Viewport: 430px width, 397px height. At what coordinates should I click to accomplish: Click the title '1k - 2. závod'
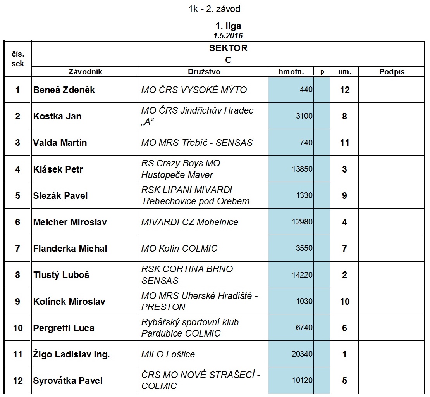tap(214, 9)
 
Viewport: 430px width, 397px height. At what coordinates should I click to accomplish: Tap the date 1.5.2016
tap(228, 36)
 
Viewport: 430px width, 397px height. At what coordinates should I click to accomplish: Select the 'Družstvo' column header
tap(204, 72)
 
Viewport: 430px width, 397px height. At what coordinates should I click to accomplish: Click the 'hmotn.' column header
tap(291, 72)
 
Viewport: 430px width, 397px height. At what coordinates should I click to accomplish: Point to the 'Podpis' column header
tap(392, 72)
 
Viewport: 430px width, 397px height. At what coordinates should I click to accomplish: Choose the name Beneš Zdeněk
tap(64, 90)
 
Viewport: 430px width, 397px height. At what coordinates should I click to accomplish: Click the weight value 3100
tap(304, 116)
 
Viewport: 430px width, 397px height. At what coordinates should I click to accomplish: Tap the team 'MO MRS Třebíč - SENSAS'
tap(197, 143)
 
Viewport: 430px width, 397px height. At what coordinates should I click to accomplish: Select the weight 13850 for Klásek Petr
tap(302, 169)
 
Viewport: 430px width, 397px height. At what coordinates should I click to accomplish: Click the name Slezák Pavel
tap(60, 196)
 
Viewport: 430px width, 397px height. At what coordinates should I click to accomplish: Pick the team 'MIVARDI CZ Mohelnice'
tap(189, 222)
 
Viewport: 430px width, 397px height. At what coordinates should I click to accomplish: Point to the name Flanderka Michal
tap(70, 249)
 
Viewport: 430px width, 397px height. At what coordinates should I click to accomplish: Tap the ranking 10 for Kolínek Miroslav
tap(344, 302)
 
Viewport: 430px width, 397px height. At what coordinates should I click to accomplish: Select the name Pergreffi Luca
tap(64, 328)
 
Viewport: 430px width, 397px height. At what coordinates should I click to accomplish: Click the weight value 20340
tap(302, 354)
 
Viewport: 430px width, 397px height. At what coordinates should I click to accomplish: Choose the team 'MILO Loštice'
tap(168, 354)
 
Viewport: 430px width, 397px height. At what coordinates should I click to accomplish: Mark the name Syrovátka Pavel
tap(68, 381)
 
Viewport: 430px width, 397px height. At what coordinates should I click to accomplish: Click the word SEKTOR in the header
tap(228, 48)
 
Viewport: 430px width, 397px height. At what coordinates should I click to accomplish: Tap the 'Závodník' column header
tap(85, 72)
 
